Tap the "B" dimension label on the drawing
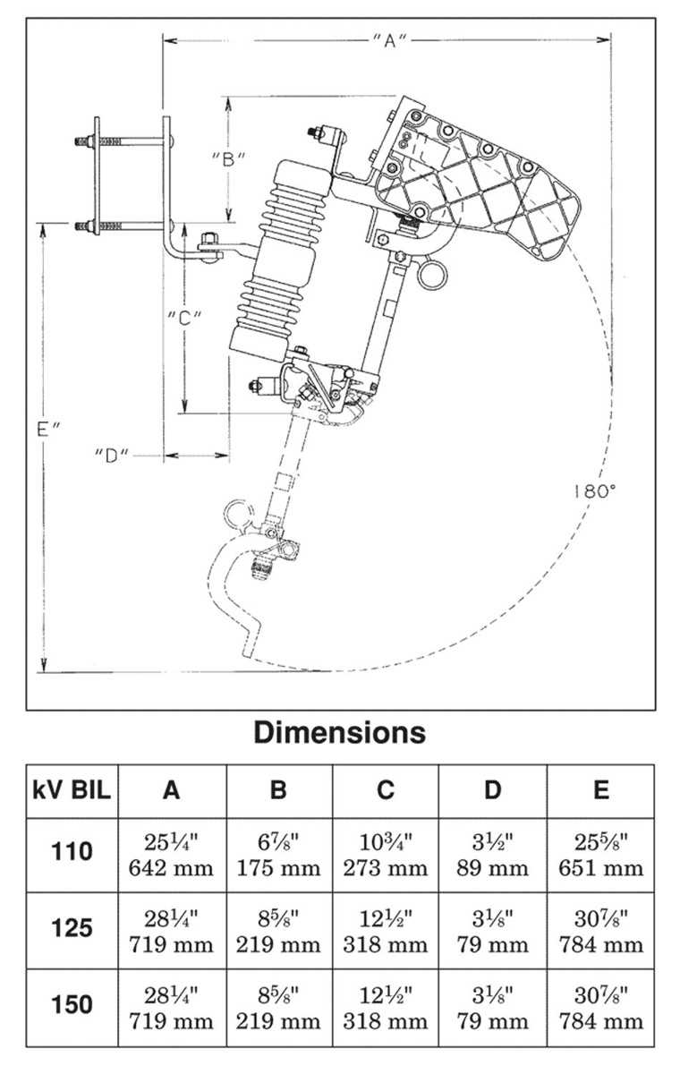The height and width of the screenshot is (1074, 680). coord(229,158)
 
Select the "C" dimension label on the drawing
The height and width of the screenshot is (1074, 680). coord(183,317)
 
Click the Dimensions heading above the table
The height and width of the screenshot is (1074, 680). coord(340,732)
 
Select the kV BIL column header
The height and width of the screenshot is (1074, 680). coord(72,790)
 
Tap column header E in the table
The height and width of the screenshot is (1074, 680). coord(600,790)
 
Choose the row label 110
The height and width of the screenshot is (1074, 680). coord(72,851)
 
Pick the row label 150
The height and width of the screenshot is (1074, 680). coord(72,1005)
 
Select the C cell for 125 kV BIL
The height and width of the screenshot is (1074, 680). coord(386,931)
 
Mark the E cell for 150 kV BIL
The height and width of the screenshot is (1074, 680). coord(600,1008)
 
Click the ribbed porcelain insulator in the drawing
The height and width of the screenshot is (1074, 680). coord(277,260)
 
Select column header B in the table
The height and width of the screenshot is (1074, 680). coord(278,790)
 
